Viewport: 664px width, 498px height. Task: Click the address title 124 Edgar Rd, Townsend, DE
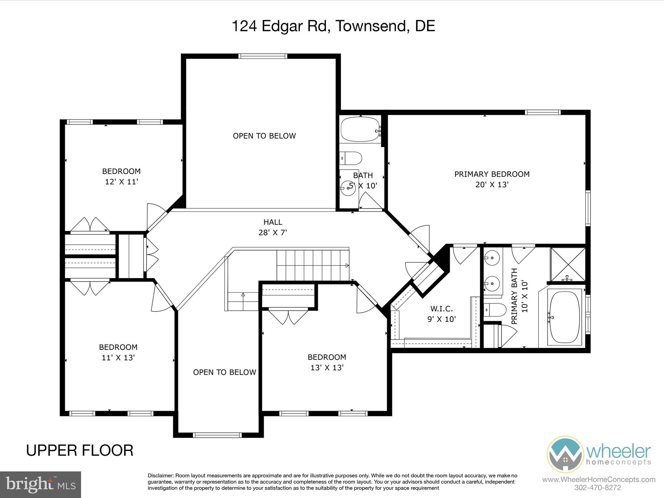click(333, 26)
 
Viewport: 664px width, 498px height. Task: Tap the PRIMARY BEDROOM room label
click(492, 174)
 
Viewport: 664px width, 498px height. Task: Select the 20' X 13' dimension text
click(492, 184)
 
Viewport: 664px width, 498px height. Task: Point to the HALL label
click(273, 222)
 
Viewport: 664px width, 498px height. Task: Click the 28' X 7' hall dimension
click(273, 232)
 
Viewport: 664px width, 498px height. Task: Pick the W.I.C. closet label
click(442, 309)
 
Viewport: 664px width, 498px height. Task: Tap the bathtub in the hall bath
click(360, 129)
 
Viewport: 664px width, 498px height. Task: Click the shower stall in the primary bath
click(568, 264)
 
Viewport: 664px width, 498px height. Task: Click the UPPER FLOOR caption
click(80, 450)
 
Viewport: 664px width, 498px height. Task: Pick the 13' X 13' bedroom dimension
click(327, 367)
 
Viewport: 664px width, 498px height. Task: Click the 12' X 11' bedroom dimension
click(122, 182)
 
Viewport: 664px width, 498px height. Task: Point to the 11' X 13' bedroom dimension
click(118, 358)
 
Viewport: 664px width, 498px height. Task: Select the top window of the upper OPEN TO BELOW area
click(263, 56)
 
